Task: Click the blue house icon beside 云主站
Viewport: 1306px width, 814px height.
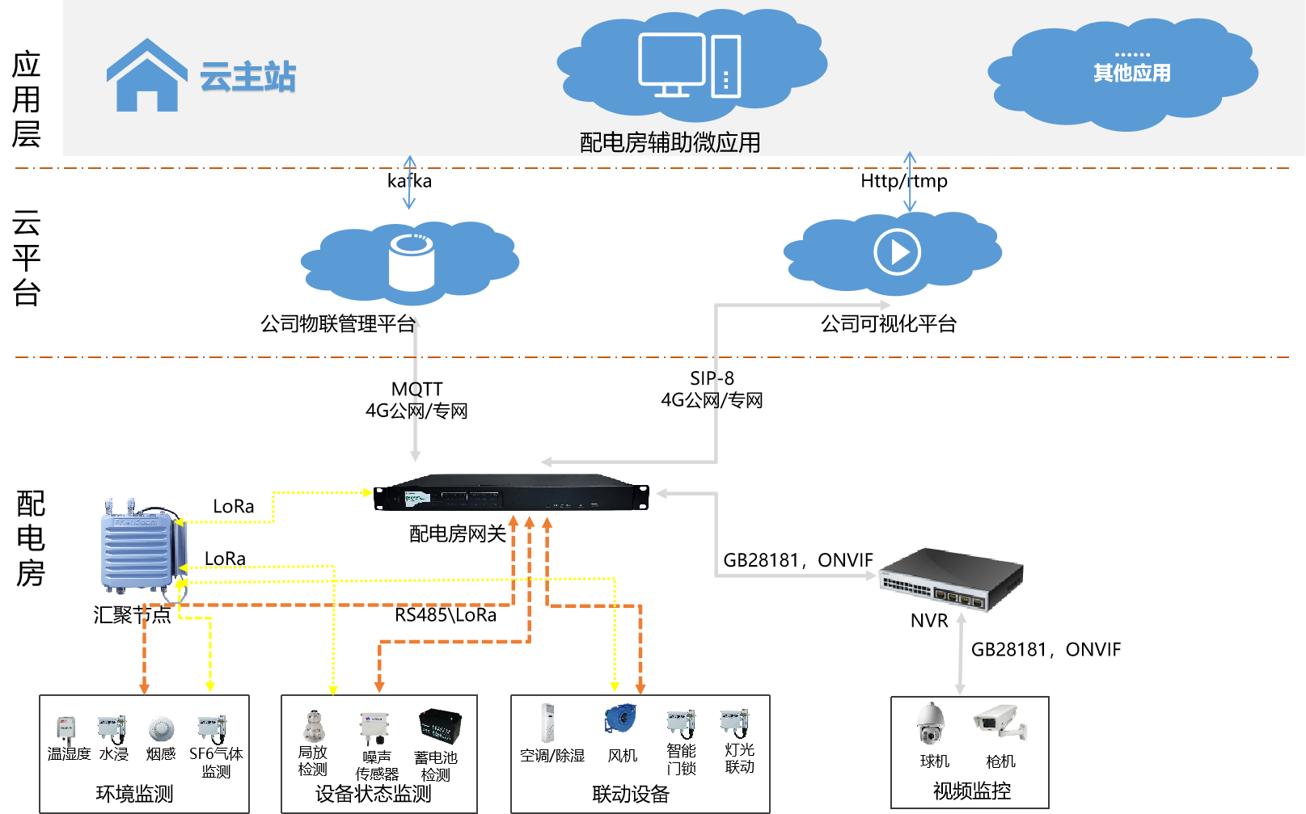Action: pos(146,77)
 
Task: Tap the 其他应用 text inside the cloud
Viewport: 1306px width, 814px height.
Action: pos(1131,74)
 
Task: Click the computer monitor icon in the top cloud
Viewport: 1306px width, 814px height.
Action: pos(671,64)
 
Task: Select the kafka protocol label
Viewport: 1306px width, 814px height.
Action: pos(409,181)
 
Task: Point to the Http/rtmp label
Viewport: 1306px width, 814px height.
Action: pos(903,181)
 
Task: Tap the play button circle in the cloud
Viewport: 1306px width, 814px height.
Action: pos(897,252)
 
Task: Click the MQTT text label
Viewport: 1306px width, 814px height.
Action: pos(416,389)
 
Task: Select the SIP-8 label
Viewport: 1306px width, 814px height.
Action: pos(712,378)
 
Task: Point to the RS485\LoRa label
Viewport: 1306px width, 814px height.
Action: pos(446,615)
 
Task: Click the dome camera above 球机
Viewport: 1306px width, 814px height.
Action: pos(932,723)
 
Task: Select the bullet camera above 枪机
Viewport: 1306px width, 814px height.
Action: pos(999,722)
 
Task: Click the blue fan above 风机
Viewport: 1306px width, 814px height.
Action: pos(620,719)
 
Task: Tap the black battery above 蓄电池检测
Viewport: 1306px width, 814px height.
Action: pos(439,726)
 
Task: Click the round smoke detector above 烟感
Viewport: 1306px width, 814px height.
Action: pos(161,729)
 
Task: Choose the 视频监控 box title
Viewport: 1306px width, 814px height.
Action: pos(971,791)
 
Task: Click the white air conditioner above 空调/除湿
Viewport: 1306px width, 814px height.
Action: pos(548,723)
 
